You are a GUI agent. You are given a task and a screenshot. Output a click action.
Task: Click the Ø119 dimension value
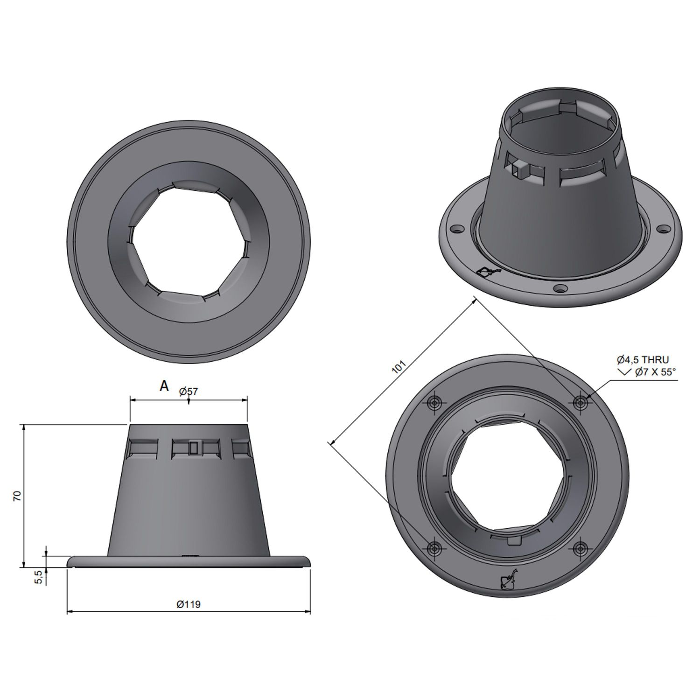pos(189,604)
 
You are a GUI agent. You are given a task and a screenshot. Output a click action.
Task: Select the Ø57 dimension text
pos(189,392)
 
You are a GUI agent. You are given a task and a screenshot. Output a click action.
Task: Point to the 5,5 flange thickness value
pos(40,577)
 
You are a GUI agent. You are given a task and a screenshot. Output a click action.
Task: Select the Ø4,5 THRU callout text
pos(642,359)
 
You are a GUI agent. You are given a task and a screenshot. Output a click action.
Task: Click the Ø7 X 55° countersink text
pos(655,372)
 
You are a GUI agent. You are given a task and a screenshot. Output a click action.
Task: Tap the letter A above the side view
pos(164,386)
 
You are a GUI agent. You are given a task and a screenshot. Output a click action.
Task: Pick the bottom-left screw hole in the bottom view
pos(435,548)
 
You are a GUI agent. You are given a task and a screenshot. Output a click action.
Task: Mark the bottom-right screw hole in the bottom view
pos(581,548)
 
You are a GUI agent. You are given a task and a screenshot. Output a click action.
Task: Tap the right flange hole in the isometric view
pos(663,229)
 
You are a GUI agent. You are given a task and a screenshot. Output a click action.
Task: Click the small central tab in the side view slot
pos(193,448)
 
